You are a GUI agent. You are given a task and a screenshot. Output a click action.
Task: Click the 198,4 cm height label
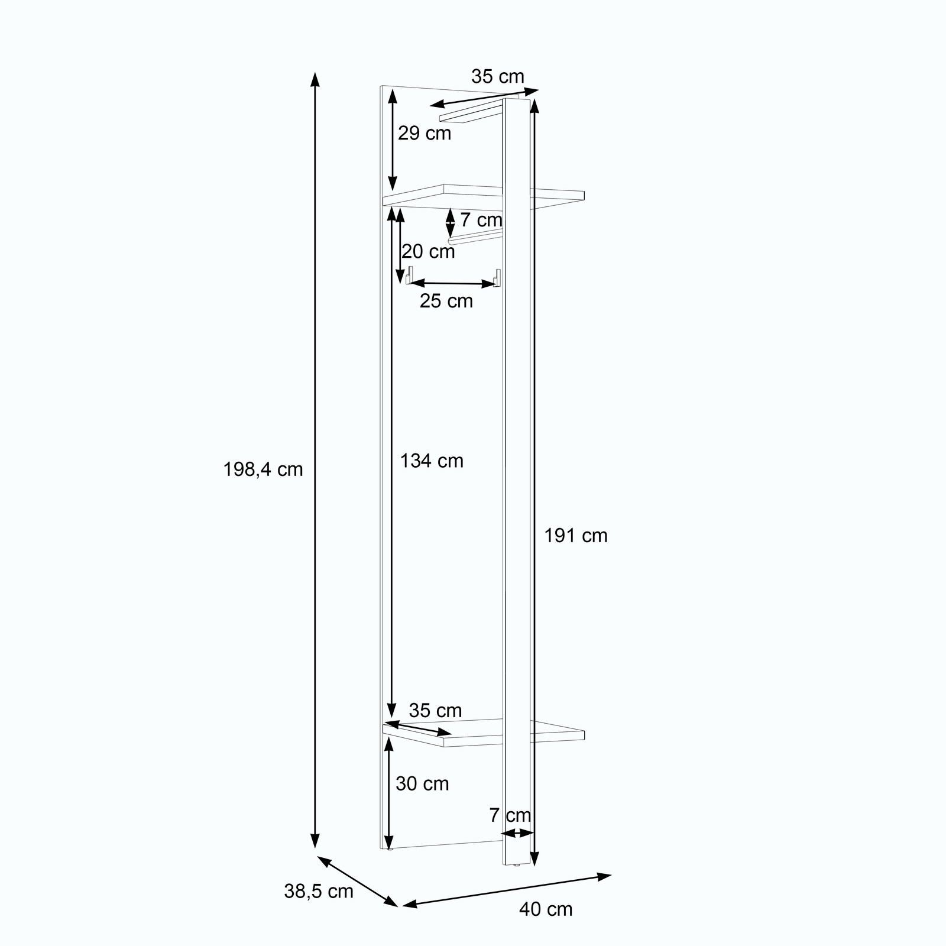[263, 469]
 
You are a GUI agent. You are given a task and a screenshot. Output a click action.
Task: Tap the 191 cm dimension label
[576, 536]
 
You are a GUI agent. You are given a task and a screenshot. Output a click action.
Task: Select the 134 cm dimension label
[432, 461]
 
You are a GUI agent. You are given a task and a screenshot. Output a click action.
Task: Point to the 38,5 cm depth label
[319, 891]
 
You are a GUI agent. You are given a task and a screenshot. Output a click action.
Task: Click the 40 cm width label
[546, 909]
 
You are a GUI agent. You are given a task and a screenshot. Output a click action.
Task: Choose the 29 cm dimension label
[425, 134]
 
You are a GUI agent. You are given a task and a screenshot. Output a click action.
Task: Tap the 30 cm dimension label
[422, 784]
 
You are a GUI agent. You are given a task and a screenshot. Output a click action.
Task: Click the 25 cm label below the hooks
[446, 301]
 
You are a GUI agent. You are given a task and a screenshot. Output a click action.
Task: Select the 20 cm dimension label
[429, 252]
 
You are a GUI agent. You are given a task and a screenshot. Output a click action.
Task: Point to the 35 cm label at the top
[498, 77]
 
